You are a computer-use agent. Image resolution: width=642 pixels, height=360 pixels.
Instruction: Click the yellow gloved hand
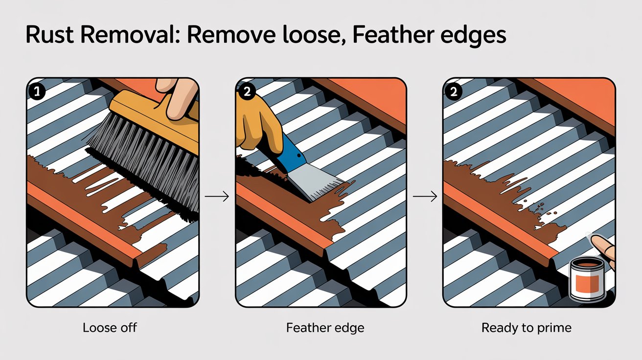coord(257,120)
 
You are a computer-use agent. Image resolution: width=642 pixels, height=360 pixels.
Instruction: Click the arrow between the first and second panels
coord(217,197)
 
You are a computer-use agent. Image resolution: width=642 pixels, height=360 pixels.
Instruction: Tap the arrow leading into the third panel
coord(425,197)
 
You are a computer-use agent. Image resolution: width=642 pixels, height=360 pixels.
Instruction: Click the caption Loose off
coord(110,327)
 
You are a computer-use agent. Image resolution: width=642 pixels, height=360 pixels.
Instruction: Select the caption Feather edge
coord(325,327)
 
